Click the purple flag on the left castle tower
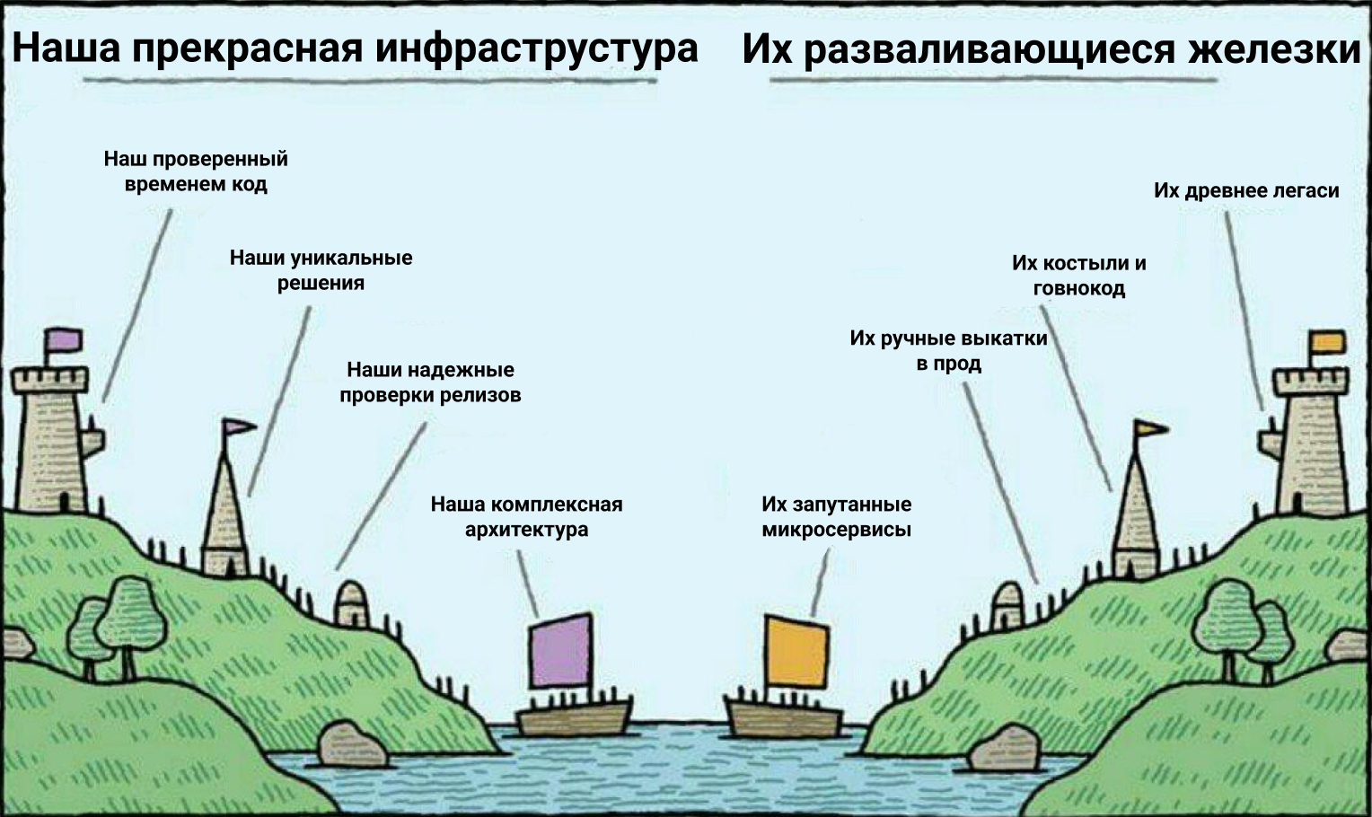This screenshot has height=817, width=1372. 64,340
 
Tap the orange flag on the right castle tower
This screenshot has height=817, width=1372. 1327,343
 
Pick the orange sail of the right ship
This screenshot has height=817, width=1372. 796,652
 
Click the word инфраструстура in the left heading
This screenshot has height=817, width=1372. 536,48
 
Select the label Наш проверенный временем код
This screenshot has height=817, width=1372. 196,171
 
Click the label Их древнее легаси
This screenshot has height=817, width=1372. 1245,190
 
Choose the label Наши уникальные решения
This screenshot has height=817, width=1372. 321,270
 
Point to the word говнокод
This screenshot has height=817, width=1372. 1078,288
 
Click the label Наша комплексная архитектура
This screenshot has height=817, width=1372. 526,516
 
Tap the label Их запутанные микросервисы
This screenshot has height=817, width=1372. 836,516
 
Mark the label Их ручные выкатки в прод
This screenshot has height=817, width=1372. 948,351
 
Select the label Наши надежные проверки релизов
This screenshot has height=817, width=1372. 430,382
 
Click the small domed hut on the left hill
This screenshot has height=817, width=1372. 351,603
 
